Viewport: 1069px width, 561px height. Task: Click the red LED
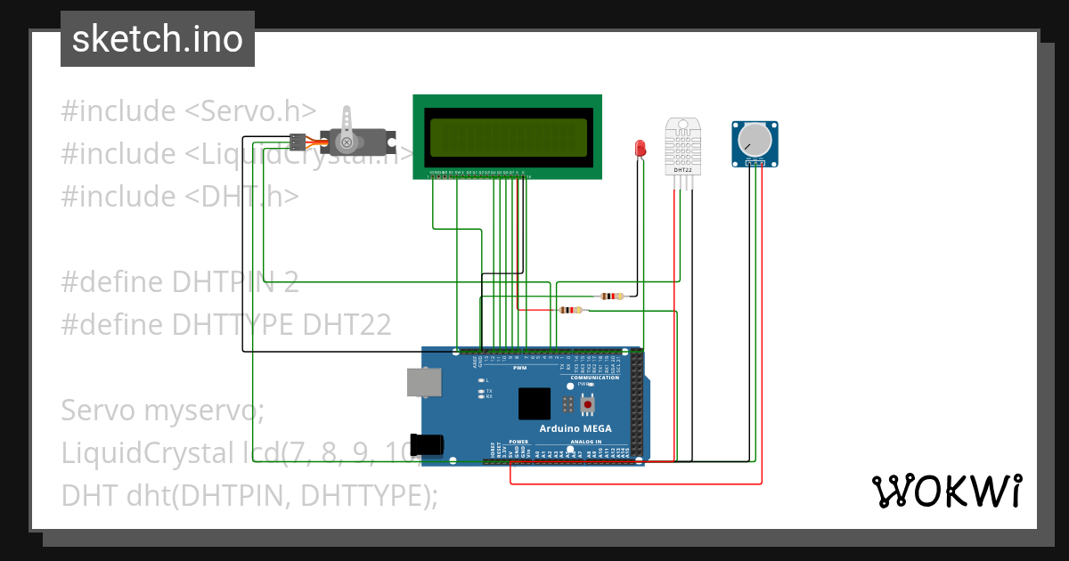point(640,148)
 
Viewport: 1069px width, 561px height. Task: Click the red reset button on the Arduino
point(587,406)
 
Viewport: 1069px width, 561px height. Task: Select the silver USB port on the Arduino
point(424,382)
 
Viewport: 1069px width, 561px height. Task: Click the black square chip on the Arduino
point(534,403)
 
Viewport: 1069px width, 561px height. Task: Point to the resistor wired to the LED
point(612,296)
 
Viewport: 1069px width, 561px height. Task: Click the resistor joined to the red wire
point(570,311)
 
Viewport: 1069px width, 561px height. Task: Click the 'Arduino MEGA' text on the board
point(575,428)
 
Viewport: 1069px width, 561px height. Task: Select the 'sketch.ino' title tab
point(158,39)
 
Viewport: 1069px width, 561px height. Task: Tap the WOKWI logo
point(945,491)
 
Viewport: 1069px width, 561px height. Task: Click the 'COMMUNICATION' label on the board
point(594,378)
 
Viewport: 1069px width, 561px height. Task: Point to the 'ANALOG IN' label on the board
point(585,442)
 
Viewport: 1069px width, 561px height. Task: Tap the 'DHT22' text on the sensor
point(683,169)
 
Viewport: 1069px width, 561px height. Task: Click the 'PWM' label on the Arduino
point(520,368)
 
